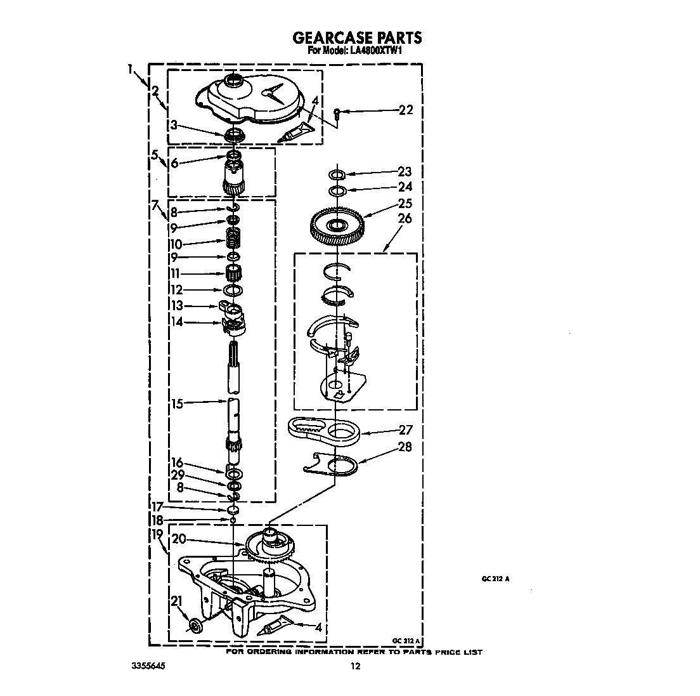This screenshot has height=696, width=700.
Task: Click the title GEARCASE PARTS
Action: click(x=357, y=37)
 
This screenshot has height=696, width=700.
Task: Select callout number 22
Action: click(x=406, y=110)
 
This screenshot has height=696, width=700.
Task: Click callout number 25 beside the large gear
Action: click(x=405, y=203)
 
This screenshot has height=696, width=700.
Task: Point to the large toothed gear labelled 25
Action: click(x=337, y=225)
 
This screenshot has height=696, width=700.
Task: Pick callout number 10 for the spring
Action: click(x=176, y=244)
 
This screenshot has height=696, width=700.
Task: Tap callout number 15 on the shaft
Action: click(x=178, y=404)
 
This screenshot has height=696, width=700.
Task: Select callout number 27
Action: click(x=405, y=430)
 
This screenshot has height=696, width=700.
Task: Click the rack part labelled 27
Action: click(x=324, y=431)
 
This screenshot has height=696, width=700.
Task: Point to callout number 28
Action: click(x=405, y=447)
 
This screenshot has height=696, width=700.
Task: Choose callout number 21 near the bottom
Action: click(x=177, y=601)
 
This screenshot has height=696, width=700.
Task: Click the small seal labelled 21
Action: click(x=195, y=625)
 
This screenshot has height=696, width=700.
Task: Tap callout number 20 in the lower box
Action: click(x=179, y=539)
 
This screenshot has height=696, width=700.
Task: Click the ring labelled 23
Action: click(x=337, y=174)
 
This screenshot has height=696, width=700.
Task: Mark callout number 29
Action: click(x=178, y=475)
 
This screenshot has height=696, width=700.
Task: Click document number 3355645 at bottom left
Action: click(x=148, y=666)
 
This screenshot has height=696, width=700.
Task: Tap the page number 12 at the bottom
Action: click(x=355, y=667)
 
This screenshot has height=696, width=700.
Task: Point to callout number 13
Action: click(x=178, y=306)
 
